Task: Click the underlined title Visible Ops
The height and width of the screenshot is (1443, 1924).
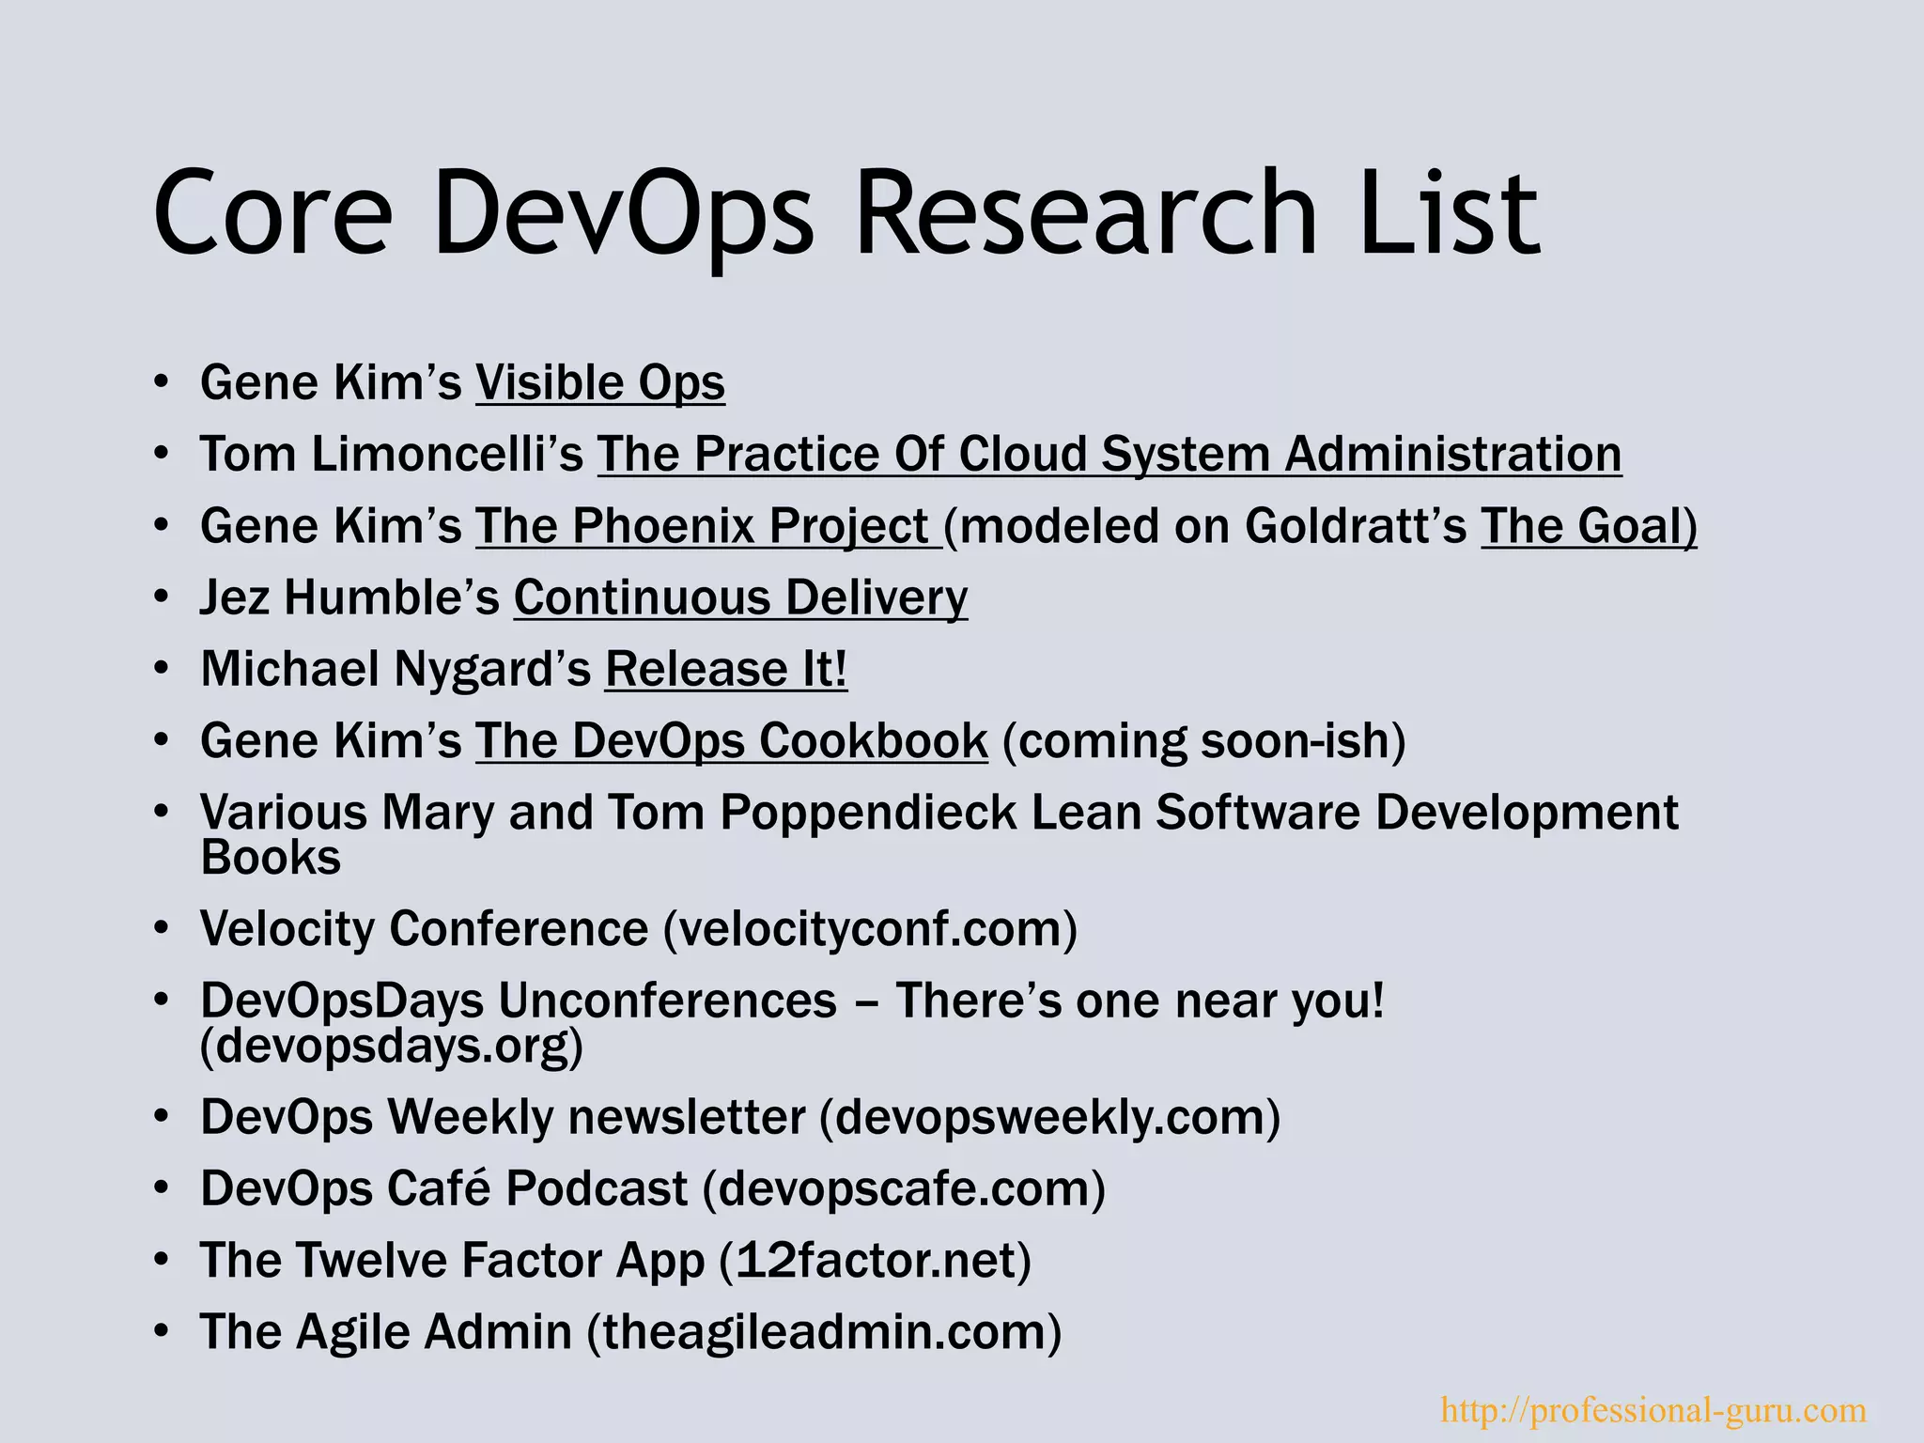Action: (x=600, y=383)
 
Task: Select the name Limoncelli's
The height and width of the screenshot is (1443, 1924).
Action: (x=447, y=455)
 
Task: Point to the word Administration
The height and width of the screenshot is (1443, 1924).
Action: (x=1452, y=455)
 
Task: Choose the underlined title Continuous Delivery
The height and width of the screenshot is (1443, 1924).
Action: (x=740, y=598)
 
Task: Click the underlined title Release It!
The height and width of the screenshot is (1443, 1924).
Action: (x=725, y=670)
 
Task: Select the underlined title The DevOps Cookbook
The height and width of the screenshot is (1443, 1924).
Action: (x=731, y=741)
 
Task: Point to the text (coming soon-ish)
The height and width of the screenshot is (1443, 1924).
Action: (x=1204, y=741)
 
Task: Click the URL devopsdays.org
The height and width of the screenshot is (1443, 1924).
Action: (x=392, y=1046)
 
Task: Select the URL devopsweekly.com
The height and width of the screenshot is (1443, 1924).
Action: (x=1050, y=1118)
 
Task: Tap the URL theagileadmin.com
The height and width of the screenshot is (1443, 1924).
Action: (x=824, y=1332)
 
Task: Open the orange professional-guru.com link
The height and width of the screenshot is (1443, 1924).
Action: (x=1652, y=1410)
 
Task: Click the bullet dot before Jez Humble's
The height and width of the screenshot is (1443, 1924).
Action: (x=162, y=597)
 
